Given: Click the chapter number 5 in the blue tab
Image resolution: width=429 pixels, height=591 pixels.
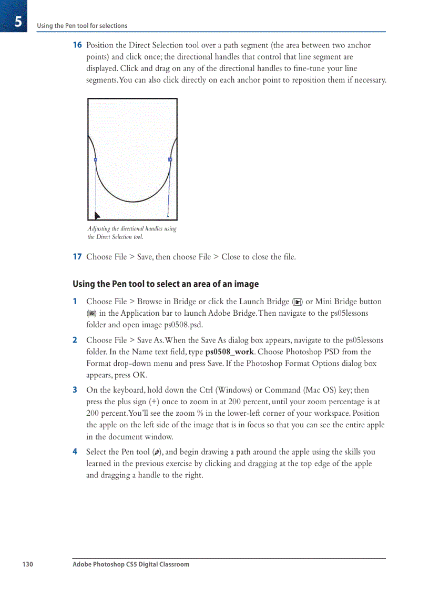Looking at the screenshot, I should click(x=18, y=22).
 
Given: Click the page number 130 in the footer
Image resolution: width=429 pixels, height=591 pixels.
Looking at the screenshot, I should click(x=27, y=564).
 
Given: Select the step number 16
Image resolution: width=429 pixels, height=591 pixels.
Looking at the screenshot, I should click(x=77, y=45).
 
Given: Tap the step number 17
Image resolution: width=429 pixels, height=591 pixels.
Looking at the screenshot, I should click(x=77, y=257).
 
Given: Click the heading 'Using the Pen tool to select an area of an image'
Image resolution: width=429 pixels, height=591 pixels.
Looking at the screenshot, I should click(x=166, y=284).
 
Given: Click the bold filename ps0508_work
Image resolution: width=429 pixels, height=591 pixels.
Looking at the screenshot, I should click(x=229, y=352).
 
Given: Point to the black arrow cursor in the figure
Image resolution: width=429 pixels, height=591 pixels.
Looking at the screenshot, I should click(x=97, y=215).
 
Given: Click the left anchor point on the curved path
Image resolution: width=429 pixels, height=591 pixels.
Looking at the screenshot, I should click(x=95, y=159).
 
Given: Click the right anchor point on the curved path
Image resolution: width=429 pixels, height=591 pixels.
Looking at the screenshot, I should click(x=170, y=159).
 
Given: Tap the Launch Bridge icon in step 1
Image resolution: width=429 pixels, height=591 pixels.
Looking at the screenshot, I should click(x=298, y=302).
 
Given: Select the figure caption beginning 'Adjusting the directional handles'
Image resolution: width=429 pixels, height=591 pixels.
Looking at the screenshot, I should click(x=132, y=233).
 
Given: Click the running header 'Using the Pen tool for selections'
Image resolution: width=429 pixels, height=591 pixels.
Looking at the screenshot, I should click(x=82, y=25).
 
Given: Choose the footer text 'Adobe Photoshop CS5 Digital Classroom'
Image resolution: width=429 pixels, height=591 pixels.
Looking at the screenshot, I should click(x=131, y=564).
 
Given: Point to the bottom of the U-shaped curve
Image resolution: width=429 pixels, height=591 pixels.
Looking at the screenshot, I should click(x=132, y=202).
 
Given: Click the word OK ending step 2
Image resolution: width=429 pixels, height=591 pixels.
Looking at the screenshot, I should click(x=139, y=375).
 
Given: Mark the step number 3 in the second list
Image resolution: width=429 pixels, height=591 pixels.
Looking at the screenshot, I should click(x=75, y=390).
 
